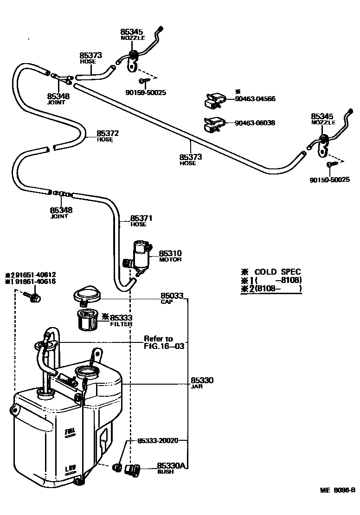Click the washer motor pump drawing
click(140, 256)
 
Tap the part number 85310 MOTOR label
click(170, 256)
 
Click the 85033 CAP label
click(172, 298)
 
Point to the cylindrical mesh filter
click(87, 320)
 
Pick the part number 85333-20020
click(158, 440)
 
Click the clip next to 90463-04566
click(215, 100)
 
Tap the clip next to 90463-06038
click(214, 124)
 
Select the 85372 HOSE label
click(108, 135)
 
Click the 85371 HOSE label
click(141, 220)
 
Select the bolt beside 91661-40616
click(34, 296)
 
